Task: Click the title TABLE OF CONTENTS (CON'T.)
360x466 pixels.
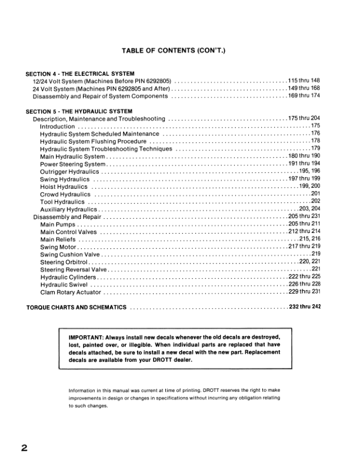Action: [x=180, y=51]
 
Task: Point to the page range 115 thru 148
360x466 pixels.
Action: [x=304, y=81]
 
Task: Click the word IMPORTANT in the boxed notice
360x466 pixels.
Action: [x=88, y=338]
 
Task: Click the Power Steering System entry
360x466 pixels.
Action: [x=72, y=164]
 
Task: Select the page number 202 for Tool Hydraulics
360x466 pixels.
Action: [x=315, y=202]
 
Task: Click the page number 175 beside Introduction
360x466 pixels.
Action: [x=315, y=126]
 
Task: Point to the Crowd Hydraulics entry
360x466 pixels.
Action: [x=65, y=194]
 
